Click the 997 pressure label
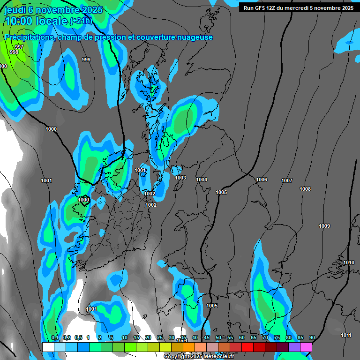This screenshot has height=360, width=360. [19, 47]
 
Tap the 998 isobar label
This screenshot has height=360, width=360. [14, 52]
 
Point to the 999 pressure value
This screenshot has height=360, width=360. [86, 60]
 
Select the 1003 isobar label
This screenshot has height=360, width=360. [180, 178]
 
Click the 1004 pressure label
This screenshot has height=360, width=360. [202, 180]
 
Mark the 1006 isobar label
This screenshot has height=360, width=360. [262, 180]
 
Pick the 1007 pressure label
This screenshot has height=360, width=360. [287, 180]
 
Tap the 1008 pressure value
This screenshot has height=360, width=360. [305, 189]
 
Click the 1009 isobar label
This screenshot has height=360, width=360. [324, 226]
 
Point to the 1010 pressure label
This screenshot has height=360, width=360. [349, 262]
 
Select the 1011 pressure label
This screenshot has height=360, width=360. [346, 335]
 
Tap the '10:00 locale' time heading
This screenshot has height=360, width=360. [36, 21]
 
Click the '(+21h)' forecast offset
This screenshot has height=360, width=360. [81, 21]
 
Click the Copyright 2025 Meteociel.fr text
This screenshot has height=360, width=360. [199, 357]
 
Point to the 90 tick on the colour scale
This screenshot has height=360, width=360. [312, 338]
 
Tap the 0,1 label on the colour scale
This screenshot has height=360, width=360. [55, 338]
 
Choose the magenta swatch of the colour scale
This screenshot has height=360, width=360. [306, 347]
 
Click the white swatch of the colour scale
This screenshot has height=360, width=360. [48, 347]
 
